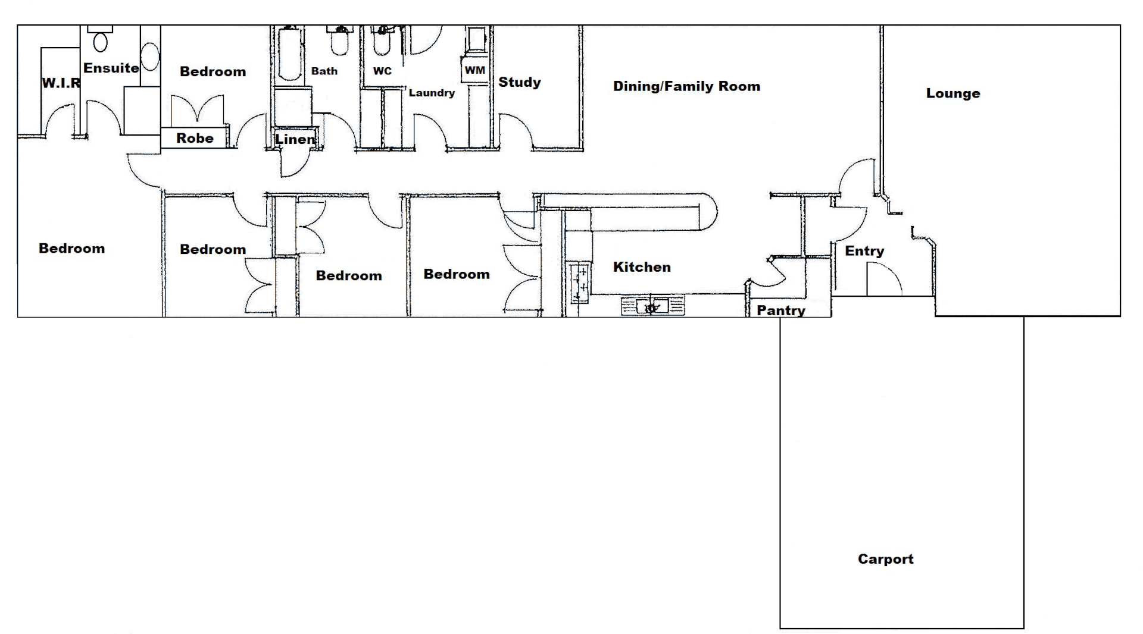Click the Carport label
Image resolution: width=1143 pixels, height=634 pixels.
pos(885,559)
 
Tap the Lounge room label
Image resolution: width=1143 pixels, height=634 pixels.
pos(952,93)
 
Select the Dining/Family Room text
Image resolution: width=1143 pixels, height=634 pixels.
pos(686,86)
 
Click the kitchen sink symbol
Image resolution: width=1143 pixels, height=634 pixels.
pos(652,307)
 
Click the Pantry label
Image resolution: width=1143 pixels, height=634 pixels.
pos(780,310)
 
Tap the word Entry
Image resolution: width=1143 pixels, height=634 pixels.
pos(864,251)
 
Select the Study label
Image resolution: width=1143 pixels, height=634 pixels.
pos(519,82)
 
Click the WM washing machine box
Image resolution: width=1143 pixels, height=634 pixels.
pos(474,70)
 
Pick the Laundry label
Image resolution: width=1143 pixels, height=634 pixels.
pos(432,93)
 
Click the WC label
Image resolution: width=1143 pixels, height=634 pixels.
pos(382,71)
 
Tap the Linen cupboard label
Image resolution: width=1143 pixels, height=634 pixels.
pos(295,139)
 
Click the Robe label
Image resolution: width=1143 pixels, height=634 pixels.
pos(195,138)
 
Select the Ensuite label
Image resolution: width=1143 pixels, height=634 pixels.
pos(111,68)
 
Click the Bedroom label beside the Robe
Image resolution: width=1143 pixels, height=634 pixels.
pos(213,71)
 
